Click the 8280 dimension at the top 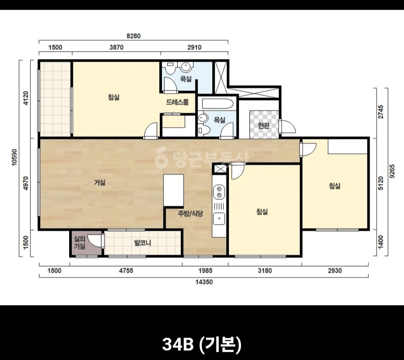(134, 36)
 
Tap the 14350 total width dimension (204, 282)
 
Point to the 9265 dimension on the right (392, 171)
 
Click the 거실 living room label (100, 182)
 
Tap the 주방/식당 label (191, 213)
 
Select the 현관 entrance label (264, 125)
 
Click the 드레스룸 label (177, 102)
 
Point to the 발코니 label (143, 243)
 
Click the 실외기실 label (80, 243)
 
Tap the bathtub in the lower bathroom (218, 104)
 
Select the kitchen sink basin (219, 219)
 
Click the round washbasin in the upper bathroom (186, 67)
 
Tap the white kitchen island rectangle (174, 190)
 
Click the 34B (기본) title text (202, 344)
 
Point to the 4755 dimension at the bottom (126, 271)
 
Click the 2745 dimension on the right (381, 112)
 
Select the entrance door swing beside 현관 (288, 126)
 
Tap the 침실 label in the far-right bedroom (335, 186)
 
